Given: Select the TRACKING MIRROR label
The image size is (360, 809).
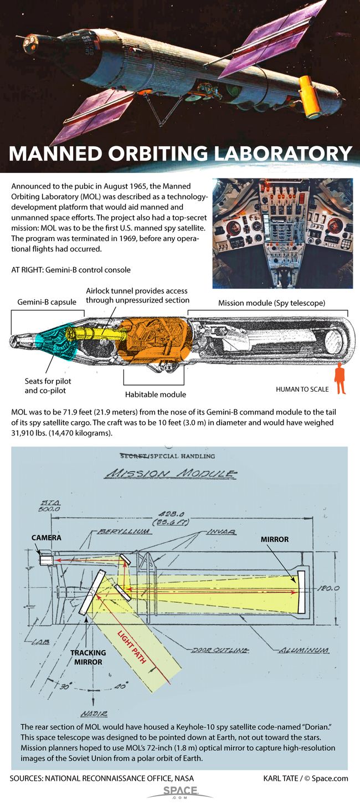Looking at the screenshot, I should tap(88, 657).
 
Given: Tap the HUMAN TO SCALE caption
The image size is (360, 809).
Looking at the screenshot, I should tap(302, 389).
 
